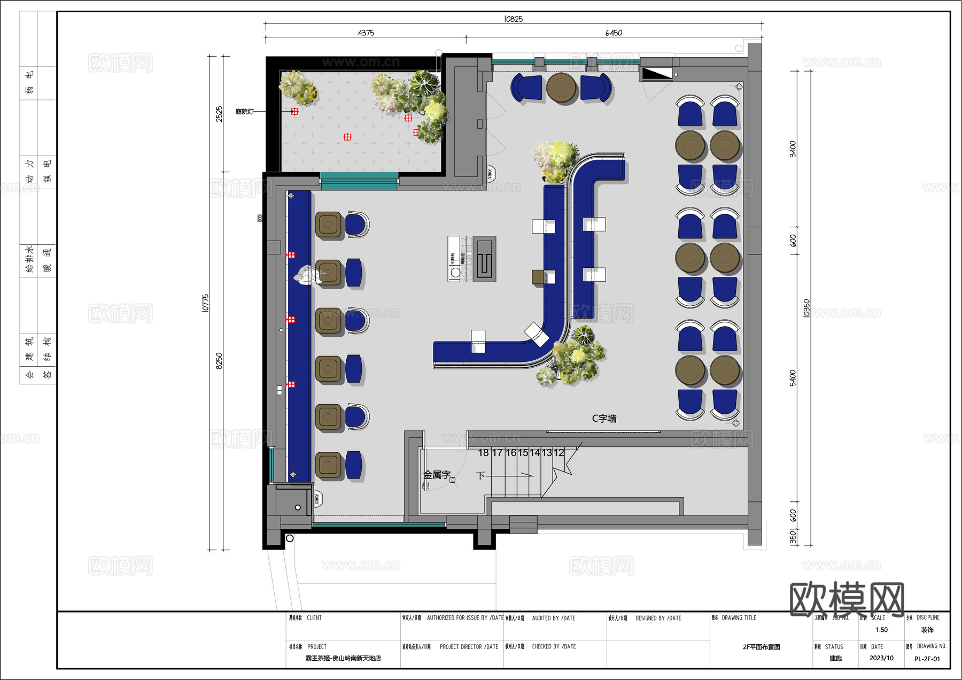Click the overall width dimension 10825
513,19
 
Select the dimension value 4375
366,33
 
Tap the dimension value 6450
614,33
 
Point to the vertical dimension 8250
219,361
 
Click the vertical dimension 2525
219,114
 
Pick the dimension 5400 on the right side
793,378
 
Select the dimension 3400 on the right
793,149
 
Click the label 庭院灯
244,112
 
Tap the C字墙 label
604,419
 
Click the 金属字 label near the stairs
437,475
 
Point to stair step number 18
483,453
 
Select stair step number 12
558,453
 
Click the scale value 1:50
881,630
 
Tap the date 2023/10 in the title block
881,658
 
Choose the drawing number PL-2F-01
927,659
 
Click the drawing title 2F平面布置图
761,647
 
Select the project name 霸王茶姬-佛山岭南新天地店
343,658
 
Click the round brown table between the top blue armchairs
561,88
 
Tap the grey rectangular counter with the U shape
484,259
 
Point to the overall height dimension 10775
206,303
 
